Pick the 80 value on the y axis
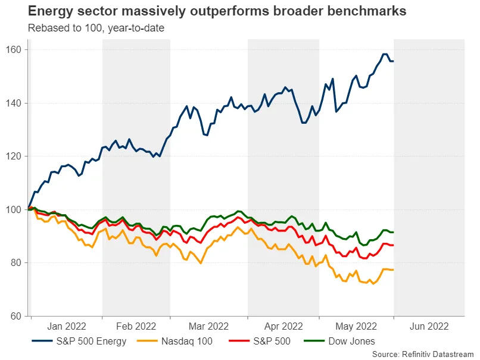click(18, 262)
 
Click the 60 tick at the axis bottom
click(18, 316)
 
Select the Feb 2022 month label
click(136, 326)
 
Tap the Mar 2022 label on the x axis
click(208, 326)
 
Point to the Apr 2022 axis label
click(283, 326)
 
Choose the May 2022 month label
click(356, 326)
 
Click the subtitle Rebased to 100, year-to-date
click(96, 27)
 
